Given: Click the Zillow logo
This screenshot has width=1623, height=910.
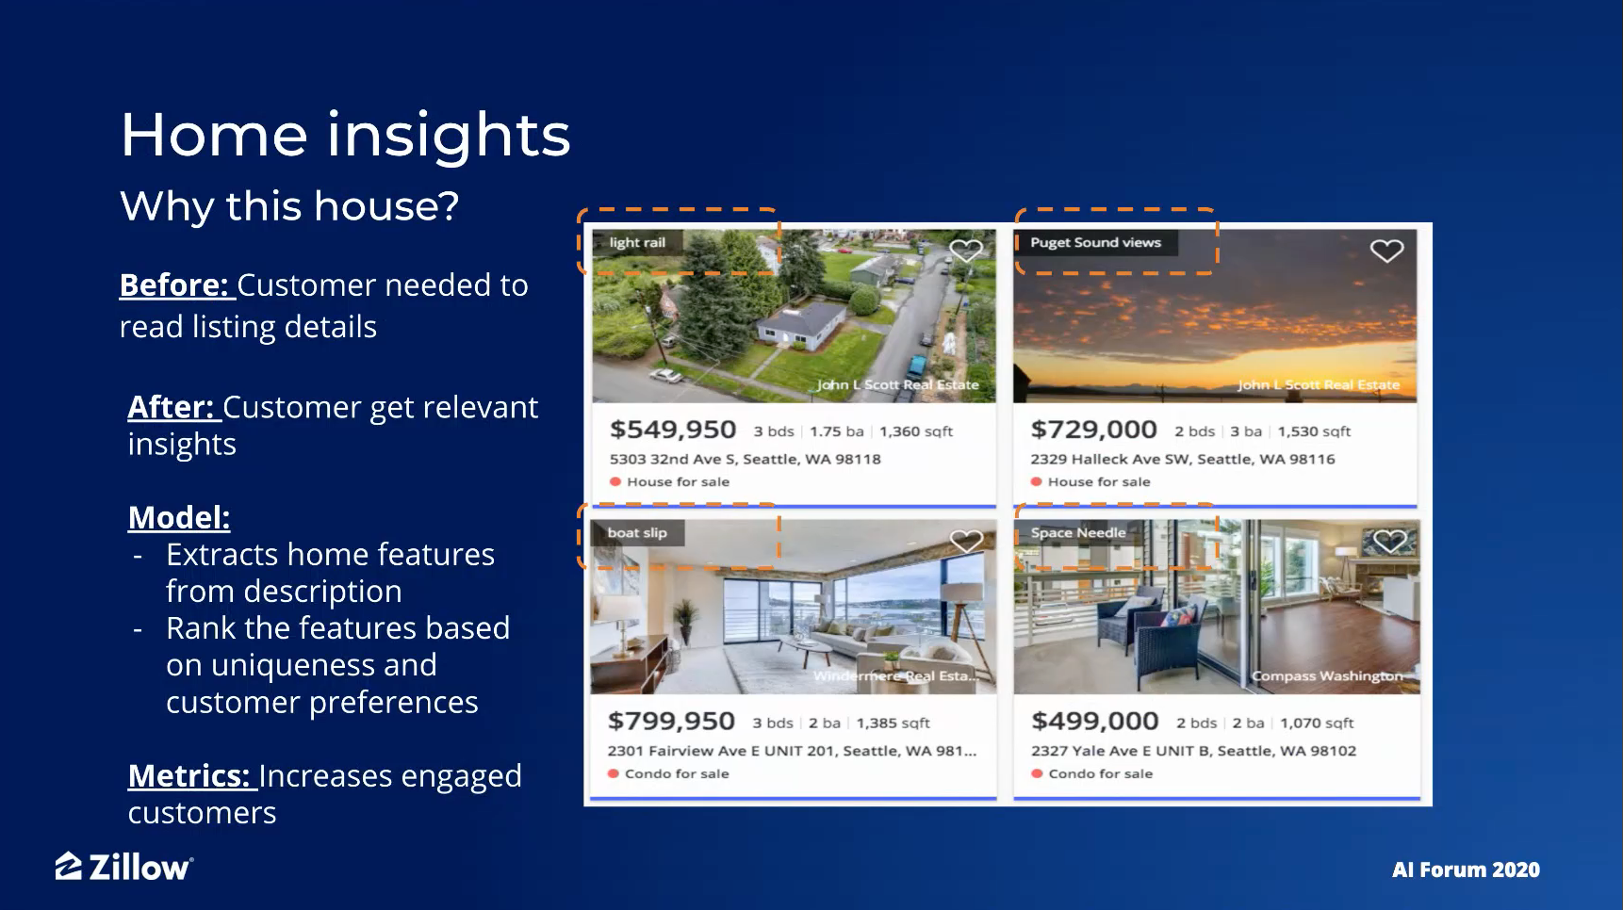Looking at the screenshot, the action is [x=124, y=867].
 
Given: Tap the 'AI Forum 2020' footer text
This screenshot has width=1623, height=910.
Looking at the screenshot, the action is [x=1466, y=869].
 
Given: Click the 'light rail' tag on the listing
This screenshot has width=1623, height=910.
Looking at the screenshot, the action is [x=637, y=242].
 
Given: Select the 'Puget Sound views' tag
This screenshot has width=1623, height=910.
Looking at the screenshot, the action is [x=1095, y=242].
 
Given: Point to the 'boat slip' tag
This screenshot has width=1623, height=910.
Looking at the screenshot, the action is [x=637, y=532].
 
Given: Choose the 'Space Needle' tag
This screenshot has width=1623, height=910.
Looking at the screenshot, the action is [x=1078, y=532].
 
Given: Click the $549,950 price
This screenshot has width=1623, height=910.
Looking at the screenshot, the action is [x=673, y=430].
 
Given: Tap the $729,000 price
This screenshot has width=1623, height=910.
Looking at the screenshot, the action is [x=1093, y=430].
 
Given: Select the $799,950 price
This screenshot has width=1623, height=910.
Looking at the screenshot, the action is [x=671, y=722].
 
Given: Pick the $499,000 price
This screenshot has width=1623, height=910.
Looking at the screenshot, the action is [x=1095, y=722].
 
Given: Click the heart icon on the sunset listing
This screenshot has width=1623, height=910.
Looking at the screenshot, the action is [x=1386, y=251].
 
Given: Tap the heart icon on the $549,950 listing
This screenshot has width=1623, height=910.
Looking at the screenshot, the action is [x=966, y=251].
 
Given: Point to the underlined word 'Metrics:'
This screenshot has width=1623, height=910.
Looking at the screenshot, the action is [x=189, y=775].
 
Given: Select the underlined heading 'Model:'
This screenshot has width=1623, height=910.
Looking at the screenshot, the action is [x=179, y=517].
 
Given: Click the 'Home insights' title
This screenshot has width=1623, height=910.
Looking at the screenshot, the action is [x=345, y=134].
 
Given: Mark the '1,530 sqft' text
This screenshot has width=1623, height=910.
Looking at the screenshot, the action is [x=1314, y=431].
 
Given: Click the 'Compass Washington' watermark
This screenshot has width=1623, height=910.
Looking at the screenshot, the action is [x=1327, y=676].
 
